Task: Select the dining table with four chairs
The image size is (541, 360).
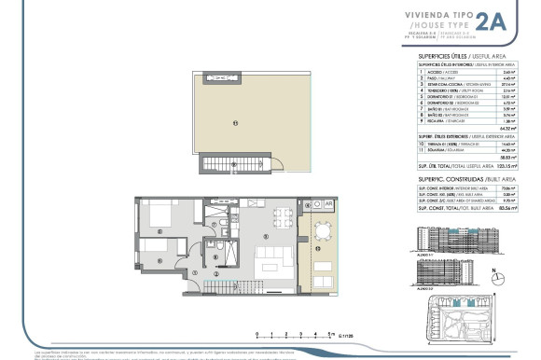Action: pos(282,216)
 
